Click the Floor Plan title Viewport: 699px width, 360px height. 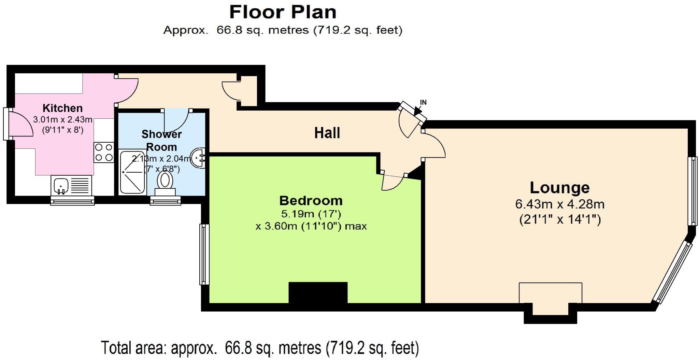pyautogui.click(x=283, y=12)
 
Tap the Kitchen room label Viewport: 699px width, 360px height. pyautogui.click(x=62, y=108)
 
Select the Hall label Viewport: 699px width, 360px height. pyautogui.click(x=327, y=133)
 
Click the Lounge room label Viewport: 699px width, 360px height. pyautogui.click(x=559, y=188)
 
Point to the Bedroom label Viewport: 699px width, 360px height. pyautogui.click(x=311, y=201)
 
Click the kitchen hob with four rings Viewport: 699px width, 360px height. pyautogui.click(x=104, y=152)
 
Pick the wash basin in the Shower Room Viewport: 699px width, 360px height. pyautogui.click(x=198, y=158)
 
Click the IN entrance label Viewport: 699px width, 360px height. pyautogui.click(x=423, y=102)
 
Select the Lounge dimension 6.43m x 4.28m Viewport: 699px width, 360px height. pyautogui.click(x=560, y=204)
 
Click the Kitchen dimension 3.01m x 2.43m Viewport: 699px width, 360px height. pyautogui.click(x=62, y=120)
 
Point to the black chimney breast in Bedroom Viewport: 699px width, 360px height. pyautogui.click(x=318, y=293)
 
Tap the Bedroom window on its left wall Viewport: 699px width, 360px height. pyautogui.click(x=204, y=254)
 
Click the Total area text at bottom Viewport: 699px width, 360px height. pyautogui.click(x=260, y=348)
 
